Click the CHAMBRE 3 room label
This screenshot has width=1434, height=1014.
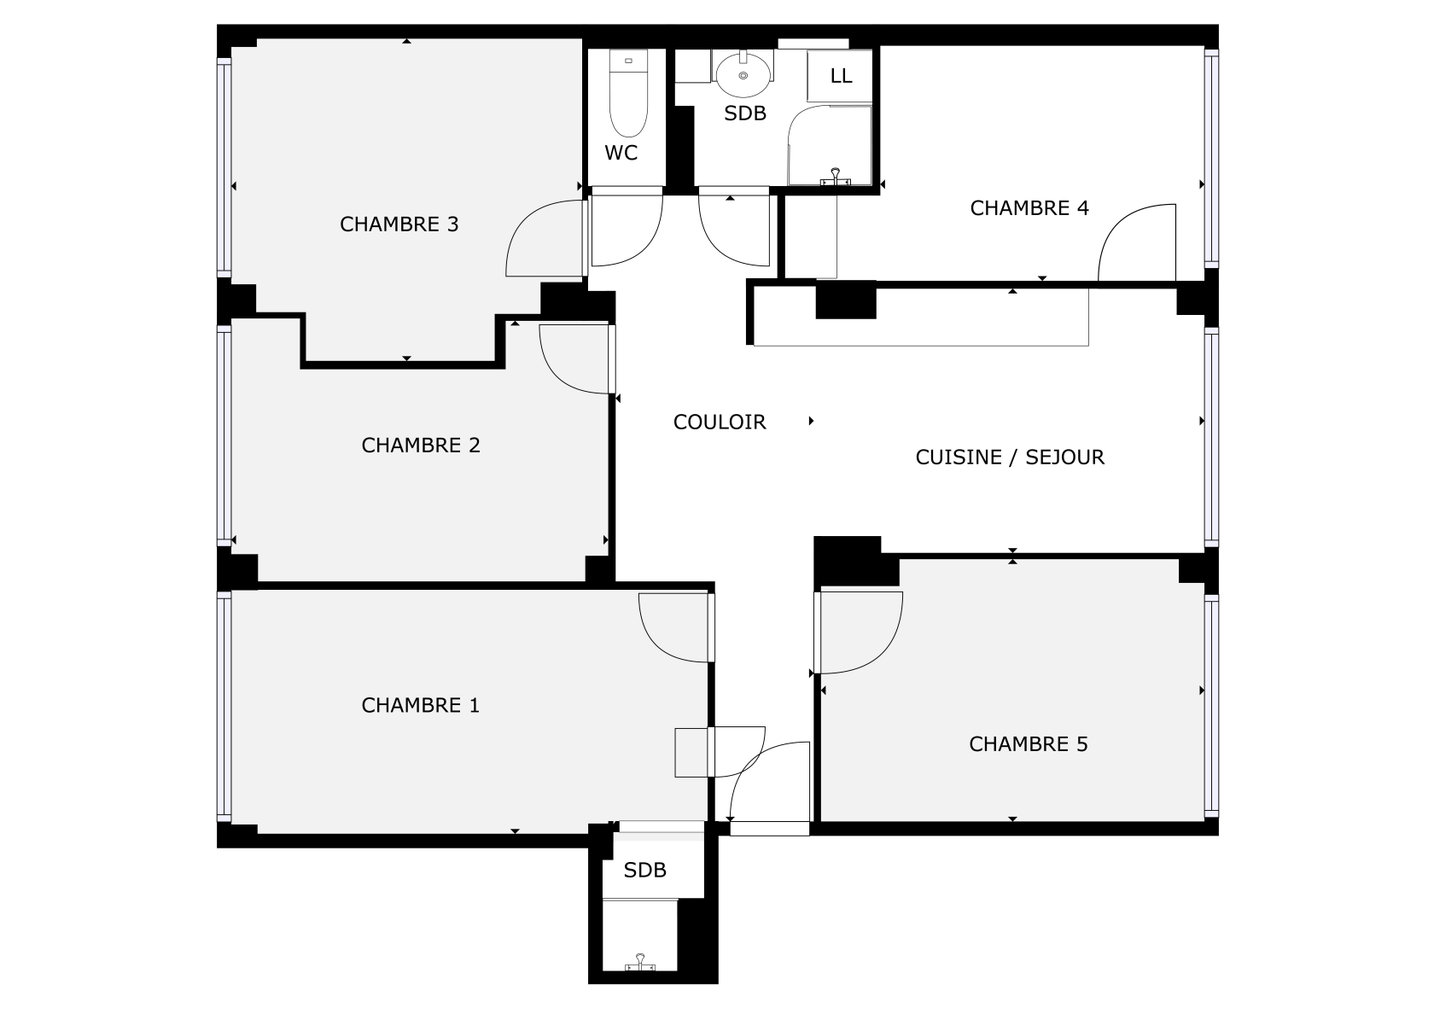[x=399, y=224]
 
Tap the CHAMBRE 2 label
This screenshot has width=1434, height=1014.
[x=421, y=445]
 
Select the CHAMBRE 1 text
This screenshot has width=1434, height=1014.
[x=420, y=705]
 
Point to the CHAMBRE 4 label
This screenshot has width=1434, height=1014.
[x=1029, y=208]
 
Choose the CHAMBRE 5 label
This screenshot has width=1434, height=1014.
[x=1028, y=744]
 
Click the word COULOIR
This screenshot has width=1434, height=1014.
[x=720, y=422]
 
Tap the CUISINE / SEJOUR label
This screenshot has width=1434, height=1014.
[x=1010, y=457]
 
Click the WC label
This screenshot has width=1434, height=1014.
[x=621, y=153]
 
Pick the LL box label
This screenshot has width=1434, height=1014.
[x=841, y=76]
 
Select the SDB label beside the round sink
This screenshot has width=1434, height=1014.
[x=744, y=114]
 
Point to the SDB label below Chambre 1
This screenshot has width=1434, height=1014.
[x=644, y=870]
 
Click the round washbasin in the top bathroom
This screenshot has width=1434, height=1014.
[x=743, y=75]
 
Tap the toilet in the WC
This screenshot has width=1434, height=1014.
[x=628, y=94]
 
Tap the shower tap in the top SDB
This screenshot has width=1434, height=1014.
[x=835, y=177]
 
